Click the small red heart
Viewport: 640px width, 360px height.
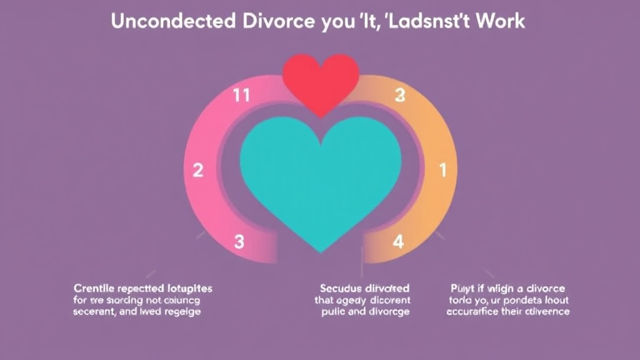click(321, 80)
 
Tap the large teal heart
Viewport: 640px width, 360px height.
click(320, 175)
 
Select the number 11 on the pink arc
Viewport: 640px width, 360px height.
click(241, 96)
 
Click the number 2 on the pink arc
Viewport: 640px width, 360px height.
click(197, 170)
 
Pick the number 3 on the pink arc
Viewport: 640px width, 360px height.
click(238, 242)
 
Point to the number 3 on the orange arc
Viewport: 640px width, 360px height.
click(401, 96)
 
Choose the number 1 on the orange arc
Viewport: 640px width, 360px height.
click(443, 170)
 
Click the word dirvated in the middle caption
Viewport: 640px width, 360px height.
click(387, 288)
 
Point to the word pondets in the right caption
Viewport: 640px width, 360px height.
click(524, 300)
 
